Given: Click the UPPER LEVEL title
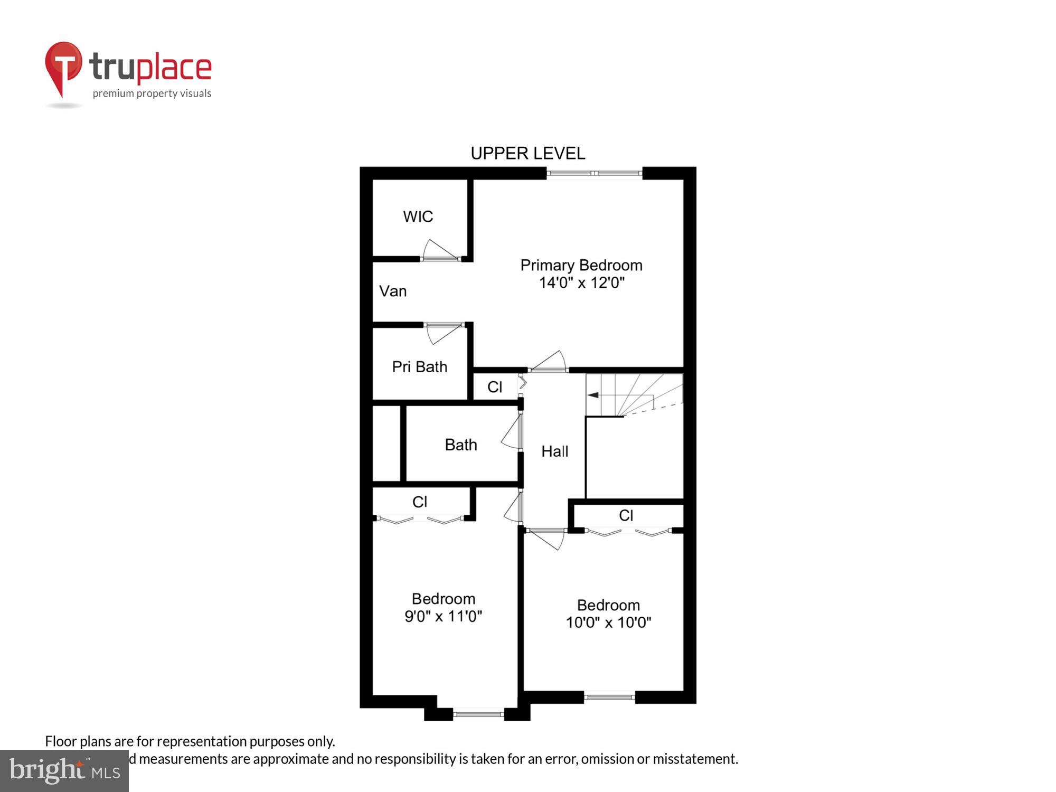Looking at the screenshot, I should point(527,153).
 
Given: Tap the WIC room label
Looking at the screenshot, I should point(418,216).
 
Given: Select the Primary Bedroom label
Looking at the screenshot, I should point(581,265).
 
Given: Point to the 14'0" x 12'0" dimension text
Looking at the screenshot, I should point(581,283).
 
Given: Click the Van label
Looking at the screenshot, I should point(393,291).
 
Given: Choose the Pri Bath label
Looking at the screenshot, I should point(419,366).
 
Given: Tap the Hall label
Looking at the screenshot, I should point(554,451).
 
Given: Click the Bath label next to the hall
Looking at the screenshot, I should point(460,445).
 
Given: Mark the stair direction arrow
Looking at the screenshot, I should point(593,395).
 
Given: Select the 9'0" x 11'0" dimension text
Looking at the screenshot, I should point(443,616).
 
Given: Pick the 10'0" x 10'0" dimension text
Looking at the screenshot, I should point(608,623).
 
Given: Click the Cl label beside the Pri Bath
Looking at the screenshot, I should point(494,387).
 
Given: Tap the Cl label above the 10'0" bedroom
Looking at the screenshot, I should point(626,515).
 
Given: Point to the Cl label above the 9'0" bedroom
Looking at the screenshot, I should point(419,502).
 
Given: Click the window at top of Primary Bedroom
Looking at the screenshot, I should point(594,173).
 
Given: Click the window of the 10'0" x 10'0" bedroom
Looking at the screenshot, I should point(609,697).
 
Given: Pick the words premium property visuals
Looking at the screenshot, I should point(152,94).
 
